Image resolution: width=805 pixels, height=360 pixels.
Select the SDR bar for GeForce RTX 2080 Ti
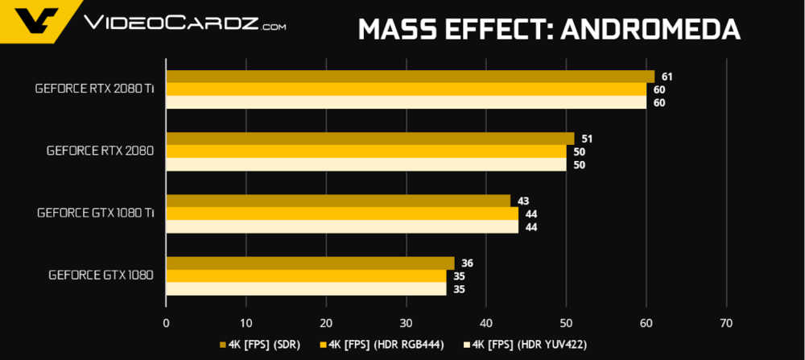click(x=410, y=77)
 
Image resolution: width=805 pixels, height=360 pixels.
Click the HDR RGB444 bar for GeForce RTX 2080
click(x=365, y=151)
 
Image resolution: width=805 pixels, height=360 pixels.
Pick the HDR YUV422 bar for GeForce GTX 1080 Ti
click(x=341, y=227)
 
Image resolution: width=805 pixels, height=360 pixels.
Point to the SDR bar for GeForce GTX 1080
click(x=310, y=263)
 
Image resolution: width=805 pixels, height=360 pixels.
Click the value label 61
click(x=667, y=77)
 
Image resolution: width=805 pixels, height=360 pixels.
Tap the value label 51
click(x=586, y=139)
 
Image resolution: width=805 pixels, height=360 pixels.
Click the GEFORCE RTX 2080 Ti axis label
click(x=94, y=89)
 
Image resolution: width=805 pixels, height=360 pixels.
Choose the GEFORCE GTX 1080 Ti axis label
click(x=95, y=213)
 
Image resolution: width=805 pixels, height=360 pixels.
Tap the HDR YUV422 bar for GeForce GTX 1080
click(x=306, y=288)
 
